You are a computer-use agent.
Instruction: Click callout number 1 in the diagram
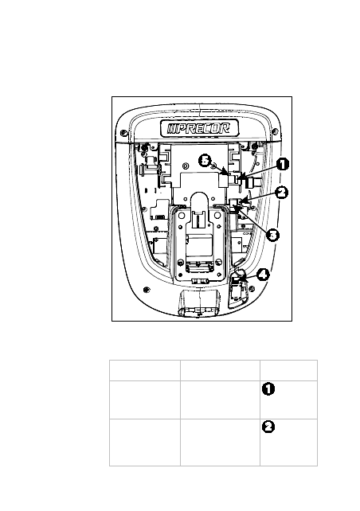[x=283, y=164]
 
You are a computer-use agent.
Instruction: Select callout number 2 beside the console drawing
[x=281, y=193]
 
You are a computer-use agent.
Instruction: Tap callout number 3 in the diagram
[x=272, y=235]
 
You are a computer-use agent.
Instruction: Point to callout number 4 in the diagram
[x=263, y=275]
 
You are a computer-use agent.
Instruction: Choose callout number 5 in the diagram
[x=205, y=160]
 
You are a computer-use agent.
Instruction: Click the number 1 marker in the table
[x=268, y=389]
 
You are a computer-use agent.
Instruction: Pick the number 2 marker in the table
[x=268, y=427]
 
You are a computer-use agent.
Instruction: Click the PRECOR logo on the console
[x=199, y=128]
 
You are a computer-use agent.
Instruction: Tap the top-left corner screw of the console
[x=123, y=133]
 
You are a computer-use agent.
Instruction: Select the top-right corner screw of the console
[x=275, y=131]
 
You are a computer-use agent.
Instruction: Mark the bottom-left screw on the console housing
[x=147, y=290]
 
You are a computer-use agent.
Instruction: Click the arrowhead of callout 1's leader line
[x=240, y=178]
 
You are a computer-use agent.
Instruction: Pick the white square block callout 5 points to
[x=223, y=181]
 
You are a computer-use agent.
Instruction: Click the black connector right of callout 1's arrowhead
[x=249, y=182]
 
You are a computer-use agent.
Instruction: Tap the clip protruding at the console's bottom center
[x=198, y=302]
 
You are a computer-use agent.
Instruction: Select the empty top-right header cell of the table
[x=288, y=370]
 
